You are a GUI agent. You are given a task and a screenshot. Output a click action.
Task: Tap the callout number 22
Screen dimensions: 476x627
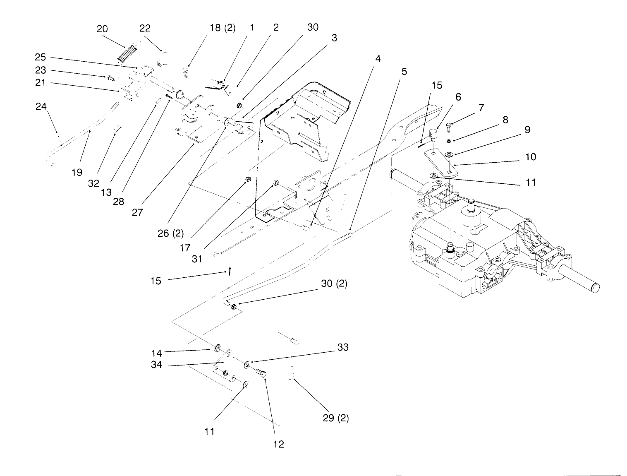[145, 29]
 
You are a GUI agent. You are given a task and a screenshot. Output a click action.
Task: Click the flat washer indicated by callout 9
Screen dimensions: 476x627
[449, 155]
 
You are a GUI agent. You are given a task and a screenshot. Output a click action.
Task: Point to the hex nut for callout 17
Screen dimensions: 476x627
[249, 179]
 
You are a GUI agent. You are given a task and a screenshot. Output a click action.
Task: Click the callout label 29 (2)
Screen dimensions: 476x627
[335, 418]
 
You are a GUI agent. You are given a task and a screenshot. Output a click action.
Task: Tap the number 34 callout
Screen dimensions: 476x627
[156, 365]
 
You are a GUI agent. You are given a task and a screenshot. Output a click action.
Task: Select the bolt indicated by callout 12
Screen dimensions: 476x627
[261, 374]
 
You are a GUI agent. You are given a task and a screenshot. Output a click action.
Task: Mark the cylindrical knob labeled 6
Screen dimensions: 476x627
[433, 135]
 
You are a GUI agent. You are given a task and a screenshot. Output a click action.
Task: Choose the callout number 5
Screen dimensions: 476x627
[404, 72]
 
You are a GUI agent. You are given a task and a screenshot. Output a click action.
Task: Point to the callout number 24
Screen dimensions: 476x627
[41, 107]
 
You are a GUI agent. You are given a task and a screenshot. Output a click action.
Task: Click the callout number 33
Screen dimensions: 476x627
[343, 347]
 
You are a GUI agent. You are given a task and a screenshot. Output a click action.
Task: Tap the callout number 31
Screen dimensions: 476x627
[197, 259]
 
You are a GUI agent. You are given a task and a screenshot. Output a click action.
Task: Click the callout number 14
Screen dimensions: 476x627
[156, 353]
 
